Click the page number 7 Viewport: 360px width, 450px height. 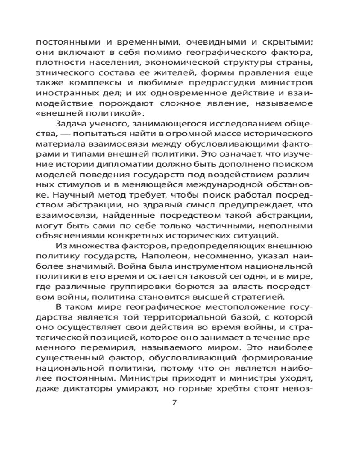(175, 402)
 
